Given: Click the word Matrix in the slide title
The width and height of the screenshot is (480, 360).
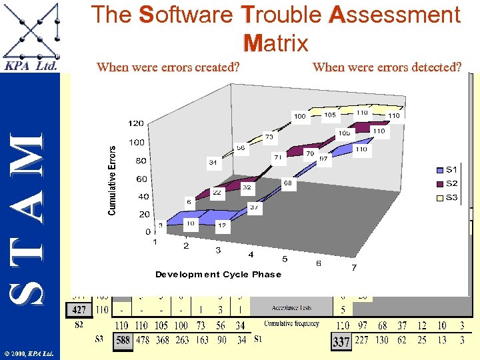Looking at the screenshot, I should point(276,44).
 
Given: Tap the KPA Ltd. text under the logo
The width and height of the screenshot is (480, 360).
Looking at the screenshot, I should point(31,66).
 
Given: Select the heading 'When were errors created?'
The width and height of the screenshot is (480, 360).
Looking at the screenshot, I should point(168,67).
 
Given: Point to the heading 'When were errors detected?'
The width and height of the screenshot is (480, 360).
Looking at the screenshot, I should point(387,67).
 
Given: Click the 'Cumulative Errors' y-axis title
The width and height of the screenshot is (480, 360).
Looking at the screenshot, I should point(112,181).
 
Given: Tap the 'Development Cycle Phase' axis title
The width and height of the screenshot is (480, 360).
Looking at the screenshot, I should point(218,275).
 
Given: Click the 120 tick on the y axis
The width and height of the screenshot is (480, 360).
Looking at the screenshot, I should point(136,123).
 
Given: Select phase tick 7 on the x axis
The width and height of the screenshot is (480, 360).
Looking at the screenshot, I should point(353,269).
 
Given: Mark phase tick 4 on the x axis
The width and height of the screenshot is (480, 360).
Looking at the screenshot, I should point(251,255).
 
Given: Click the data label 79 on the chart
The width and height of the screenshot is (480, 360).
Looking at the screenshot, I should point(309,154).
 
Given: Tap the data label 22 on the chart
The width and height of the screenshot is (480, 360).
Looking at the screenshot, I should point(217,192).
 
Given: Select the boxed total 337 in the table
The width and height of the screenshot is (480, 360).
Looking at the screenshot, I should point(341,341).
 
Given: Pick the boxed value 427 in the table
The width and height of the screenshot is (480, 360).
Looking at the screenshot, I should point(79,309).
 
